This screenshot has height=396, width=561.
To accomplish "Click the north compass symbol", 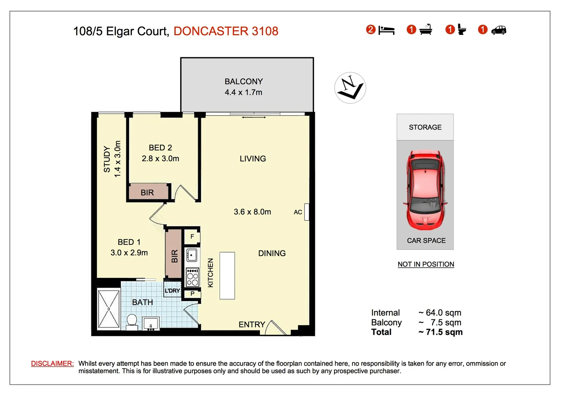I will tap(350, 88).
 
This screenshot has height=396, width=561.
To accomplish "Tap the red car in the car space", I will tap(426, 190).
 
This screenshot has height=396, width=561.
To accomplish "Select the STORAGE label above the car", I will tap(425, 127).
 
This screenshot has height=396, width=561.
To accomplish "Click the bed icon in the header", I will tap(386, 30).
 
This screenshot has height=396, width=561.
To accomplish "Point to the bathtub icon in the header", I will tap(426, 30).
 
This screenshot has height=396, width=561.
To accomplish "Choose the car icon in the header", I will tap(499, 30).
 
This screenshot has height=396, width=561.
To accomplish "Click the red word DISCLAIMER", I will tap(52, 363).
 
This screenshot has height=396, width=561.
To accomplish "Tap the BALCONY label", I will tap(243, 81).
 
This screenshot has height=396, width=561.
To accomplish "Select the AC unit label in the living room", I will tap(298, 212).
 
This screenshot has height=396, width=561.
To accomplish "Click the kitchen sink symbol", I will tap(192, 255).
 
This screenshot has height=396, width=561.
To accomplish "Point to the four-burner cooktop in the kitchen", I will tap(192, 277).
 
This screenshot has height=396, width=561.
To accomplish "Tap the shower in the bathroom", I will tap(109, 309).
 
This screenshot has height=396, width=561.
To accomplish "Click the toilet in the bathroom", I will tap(131, 321).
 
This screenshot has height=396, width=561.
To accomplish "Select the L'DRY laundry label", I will tap(172, 291).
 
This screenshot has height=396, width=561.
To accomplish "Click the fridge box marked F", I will tap(192, 237).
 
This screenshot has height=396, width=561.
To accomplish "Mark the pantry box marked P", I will tap(192, 294).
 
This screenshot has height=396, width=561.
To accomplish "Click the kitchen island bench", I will tap(227, 276).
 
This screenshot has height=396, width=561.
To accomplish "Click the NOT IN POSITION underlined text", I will tap(426, 264).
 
